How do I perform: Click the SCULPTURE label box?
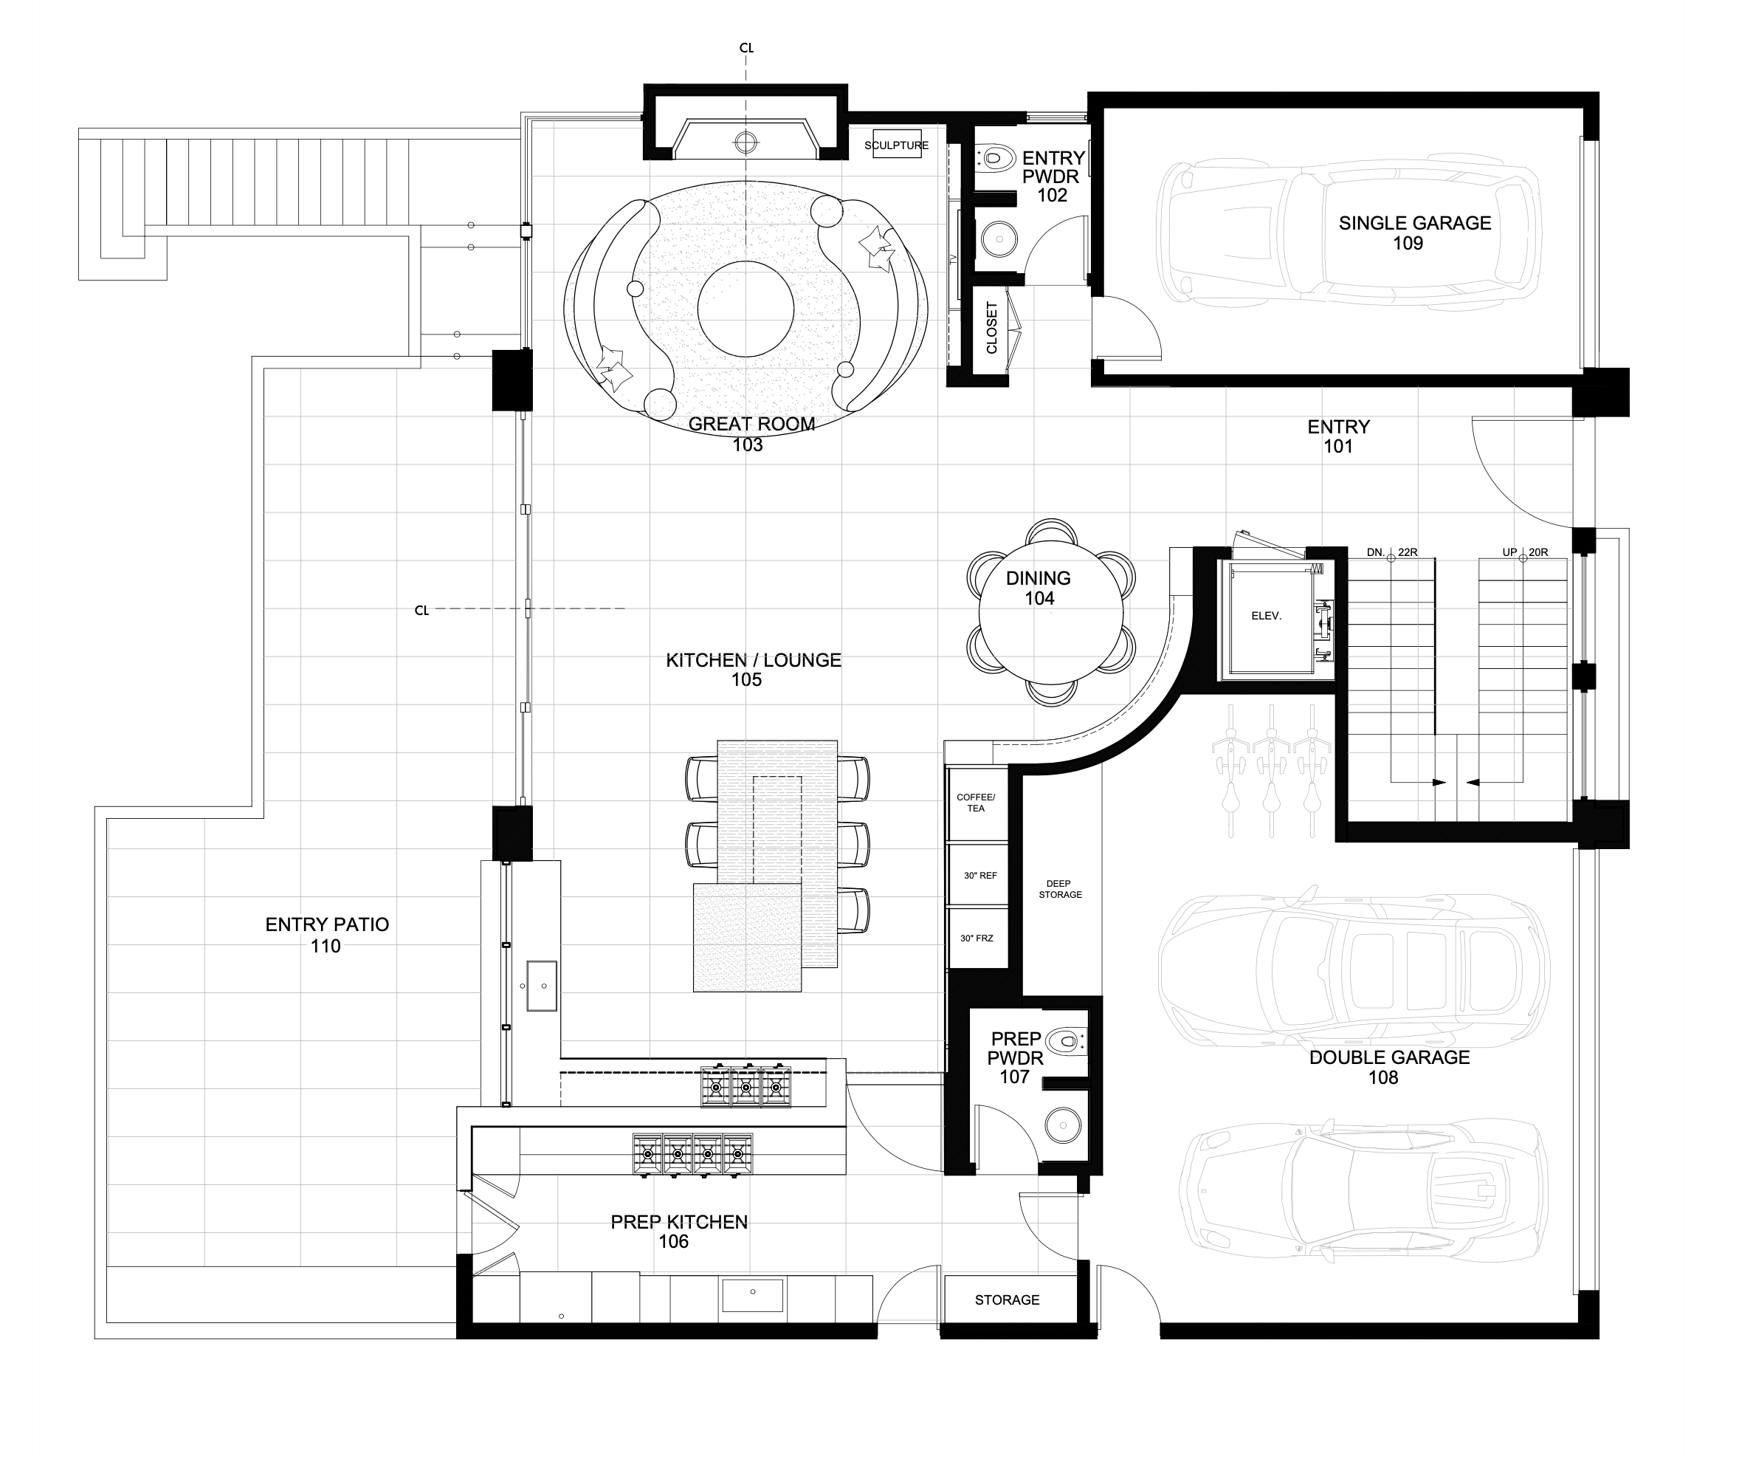[897, 145]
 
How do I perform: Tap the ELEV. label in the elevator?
[1266, 617]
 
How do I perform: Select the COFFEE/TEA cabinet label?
[977, 803]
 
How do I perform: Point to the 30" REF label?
[980, 876]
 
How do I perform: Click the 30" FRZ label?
[977, 938]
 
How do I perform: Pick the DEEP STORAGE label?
[1060, 889]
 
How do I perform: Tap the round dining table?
[1051, 612]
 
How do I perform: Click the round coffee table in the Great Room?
[746, 309]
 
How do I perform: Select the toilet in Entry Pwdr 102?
[996, 157]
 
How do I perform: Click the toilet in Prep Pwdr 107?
[1067, 1040]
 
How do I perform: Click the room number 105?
[746, 680]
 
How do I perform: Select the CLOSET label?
[991, 328]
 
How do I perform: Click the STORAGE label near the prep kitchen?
[1007, 1300]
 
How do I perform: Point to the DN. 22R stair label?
[1392, 552]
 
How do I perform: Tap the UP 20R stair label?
[1526, 552]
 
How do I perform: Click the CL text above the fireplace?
[746, 48]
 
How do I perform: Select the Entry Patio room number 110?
[326, 946]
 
